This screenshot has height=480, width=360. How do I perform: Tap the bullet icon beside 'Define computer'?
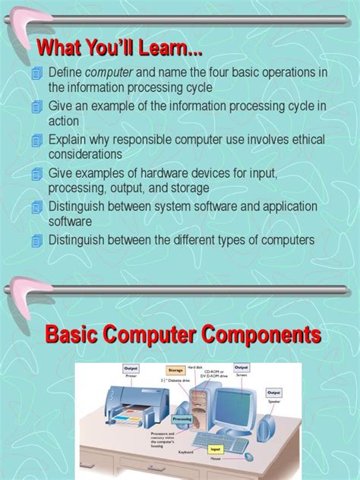(37, 73)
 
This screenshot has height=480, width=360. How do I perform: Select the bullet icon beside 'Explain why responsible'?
(37, 141)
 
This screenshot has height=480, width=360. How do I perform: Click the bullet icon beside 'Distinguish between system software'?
(37, 207)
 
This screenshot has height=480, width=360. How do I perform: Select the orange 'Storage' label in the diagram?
(175, 371)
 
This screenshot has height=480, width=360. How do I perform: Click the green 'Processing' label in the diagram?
(182, 418)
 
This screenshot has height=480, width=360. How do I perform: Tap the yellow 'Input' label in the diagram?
(215, 449)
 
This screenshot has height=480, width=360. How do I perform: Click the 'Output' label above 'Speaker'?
(273, 393)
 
